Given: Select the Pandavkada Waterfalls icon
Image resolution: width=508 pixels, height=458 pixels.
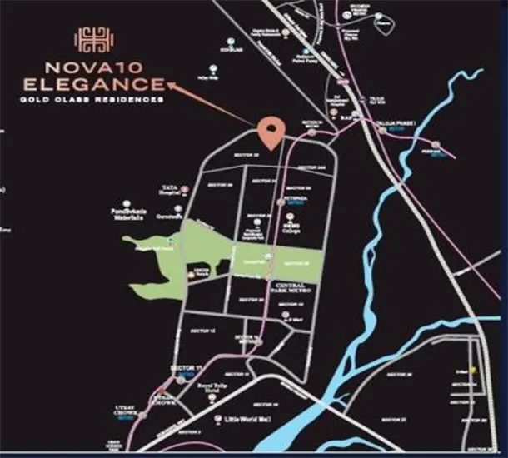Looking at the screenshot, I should click(127, 202).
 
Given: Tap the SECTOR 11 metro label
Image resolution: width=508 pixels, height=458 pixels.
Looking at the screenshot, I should click(186, 370).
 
